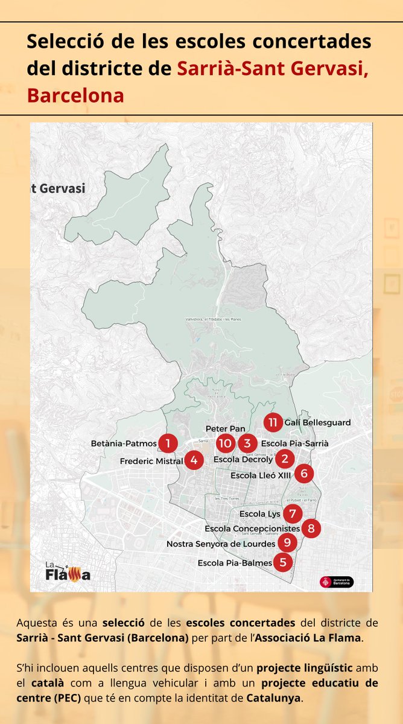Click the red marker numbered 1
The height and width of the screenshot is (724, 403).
168,443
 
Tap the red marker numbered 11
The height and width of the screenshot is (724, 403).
273,422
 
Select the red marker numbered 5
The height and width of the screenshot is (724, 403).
282,563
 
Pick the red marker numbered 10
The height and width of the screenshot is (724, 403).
225,443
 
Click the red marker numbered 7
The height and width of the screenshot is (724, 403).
292,514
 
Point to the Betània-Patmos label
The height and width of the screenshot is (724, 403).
124,443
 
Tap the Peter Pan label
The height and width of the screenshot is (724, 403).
225,428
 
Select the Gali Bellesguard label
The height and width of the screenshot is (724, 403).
317,422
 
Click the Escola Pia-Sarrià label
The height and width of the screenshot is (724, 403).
295,443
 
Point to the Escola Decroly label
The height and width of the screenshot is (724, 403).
243,459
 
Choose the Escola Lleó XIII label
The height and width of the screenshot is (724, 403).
261,475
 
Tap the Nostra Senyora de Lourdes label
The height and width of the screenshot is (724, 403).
221,544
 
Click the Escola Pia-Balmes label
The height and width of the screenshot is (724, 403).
235,563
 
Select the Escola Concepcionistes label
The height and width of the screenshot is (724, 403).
252,529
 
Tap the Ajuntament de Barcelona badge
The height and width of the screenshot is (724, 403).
337,582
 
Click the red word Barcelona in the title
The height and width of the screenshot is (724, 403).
75,95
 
